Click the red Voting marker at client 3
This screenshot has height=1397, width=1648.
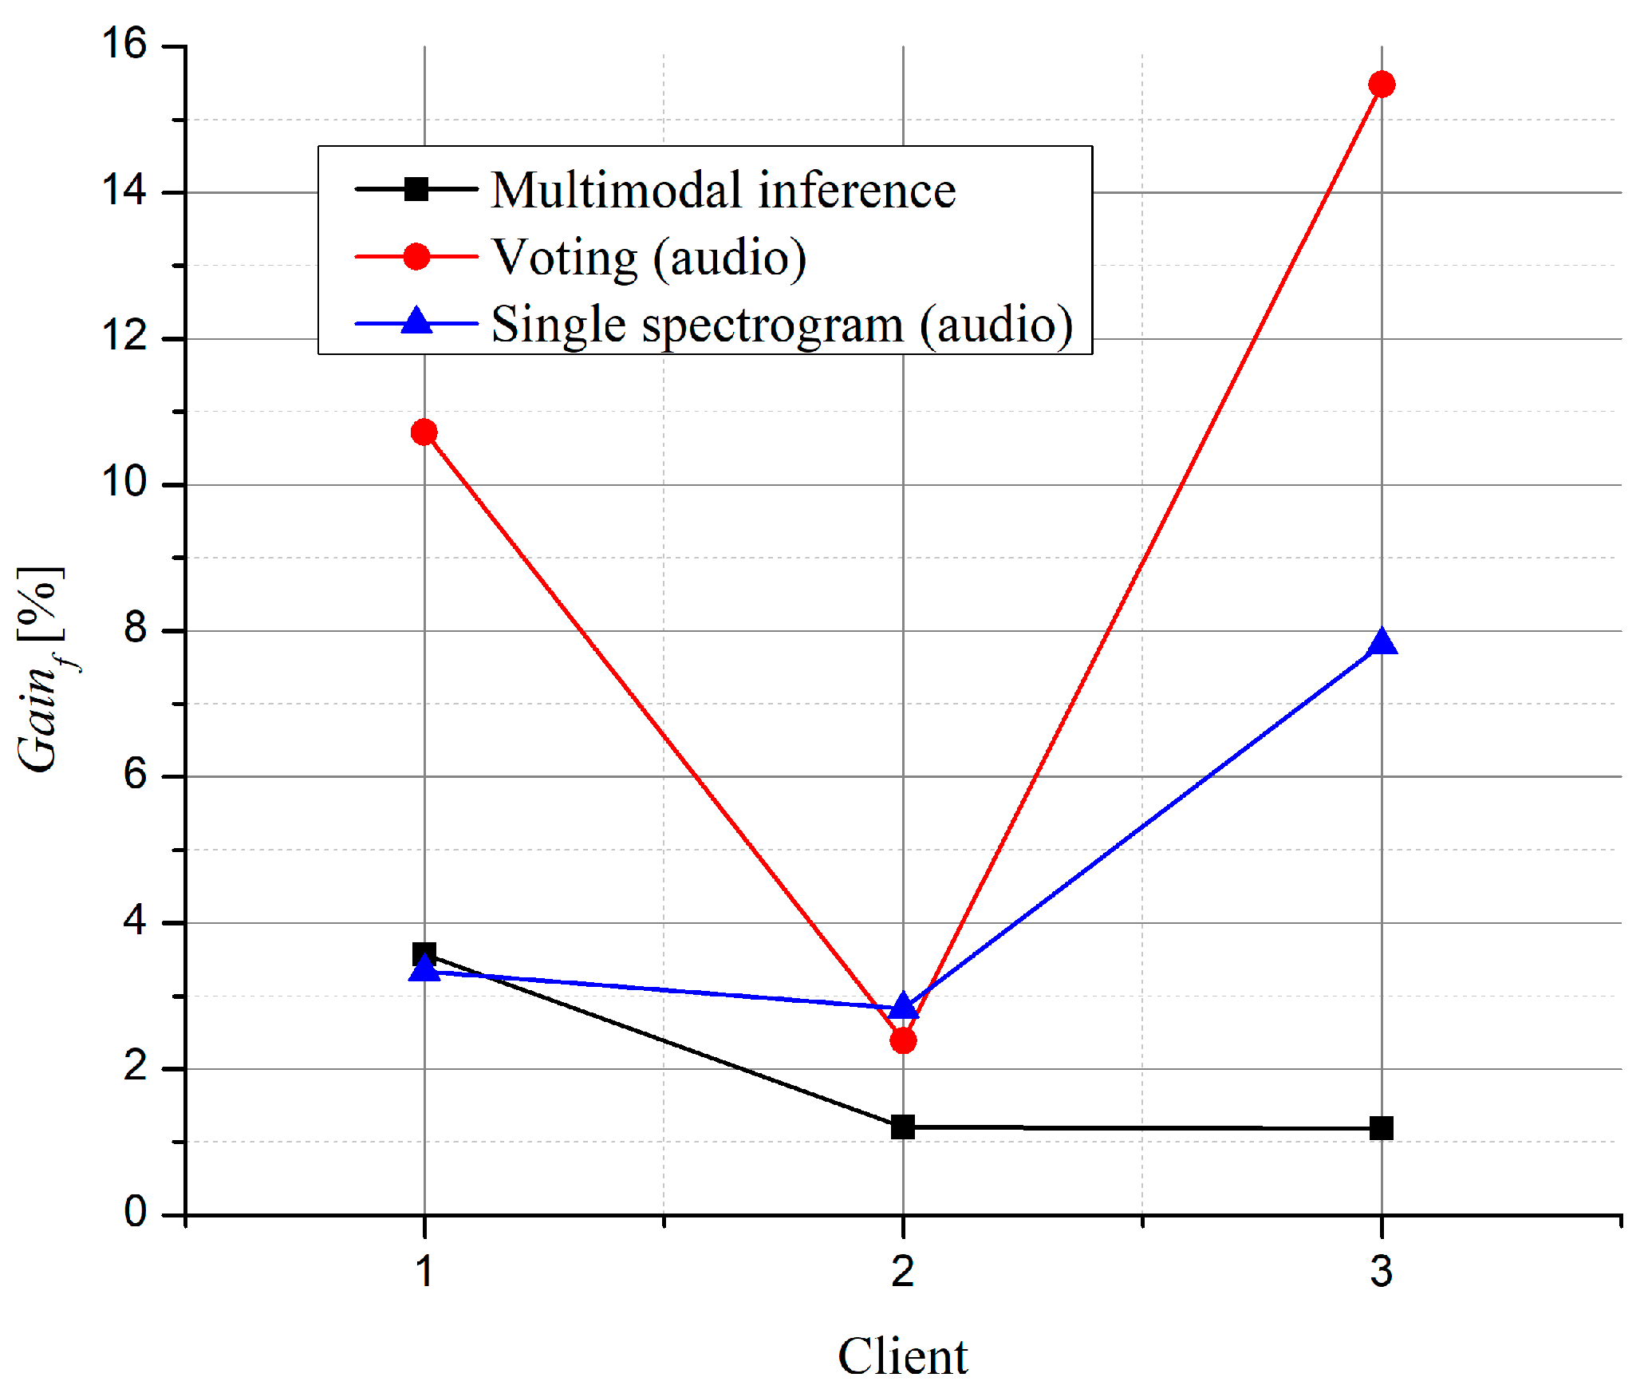(1382, 84)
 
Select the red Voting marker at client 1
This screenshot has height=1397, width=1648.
(424, 432)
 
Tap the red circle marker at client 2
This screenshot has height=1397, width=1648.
(903, 1040)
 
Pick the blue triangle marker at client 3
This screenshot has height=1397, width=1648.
(1382, 642)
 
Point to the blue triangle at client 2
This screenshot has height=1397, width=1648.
(903, 1006)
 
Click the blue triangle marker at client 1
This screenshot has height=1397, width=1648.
(424, 969)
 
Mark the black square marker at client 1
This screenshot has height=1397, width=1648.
(424, 953)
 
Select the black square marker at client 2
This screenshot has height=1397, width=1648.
(903, 1127)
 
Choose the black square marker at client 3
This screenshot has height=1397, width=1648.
(1382, 1128)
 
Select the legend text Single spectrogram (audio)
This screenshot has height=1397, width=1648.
(782, 325)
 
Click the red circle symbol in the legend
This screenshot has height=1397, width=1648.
(416, 256)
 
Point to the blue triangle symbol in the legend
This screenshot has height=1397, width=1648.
(416, 322)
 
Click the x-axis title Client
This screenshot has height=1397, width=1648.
(902, 1356)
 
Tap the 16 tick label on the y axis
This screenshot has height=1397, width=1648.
(124, 43)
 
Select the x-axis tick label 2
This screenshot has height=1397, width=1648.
(903, 1271)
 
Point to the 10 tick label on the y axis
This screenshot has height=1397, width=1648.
(124, 482)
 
